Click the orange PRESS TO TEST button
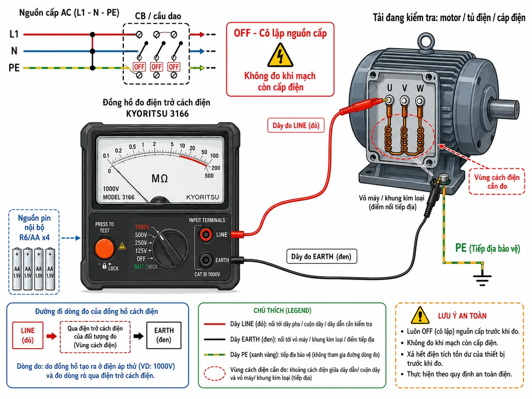[x=104, y=249]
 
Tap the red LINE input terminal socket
[x=206, y=234]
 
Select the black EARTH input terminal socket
[x=206, y=260]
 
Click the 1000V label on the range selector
[x=142, y=227]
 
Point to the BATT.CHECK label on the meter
[x=146, y=267]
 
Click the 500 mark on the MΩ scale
[x=209, y=176]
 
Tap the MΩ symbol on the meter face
[x=160, y=179]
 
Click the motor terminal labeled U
[x=389, y=100]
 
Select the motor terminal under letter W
[x=420, y=100]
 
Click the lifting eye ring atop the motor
[x=426, y=42]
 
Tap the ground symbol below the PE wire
[x=482, y=280]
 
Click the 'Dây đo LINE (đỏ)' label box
[x=296, y=125]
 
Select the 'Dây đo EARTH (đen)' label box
[x=321, y=256]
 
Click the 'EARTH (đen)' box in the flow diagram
[x=164, y=335]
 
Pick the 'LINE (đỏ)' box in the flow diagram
[x=27, y=335]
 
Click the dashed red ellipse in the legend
[x=215, y=373]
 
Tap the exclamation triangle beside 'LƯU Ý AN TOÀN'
[x=420, y=315]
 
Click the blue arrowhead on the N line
[x=202, y=51]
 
